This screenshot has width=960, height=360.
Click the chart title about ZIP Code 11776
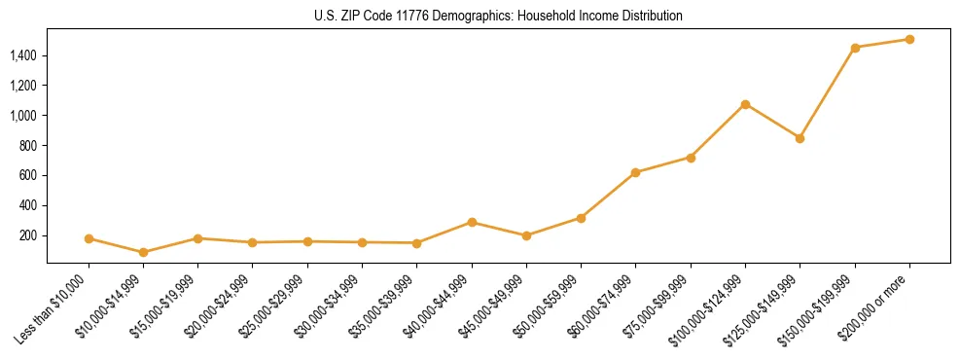pyautogui.click(x=498, y=17)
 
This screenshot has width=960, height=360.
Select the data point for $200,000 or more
pyautogui.click(x=909, y=40)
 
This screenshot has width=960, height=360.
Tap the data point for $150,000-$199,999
pyautogui.click(x=855, y=48)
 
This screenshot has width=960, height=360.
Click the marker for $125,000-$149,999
pyautogui.click(x=800, y=138)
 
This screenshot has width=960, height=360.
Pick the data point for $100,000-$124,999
pyautogui.click(x=745, y=104)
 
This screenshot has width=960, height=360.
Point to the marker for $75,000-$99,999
pyautogui.click(x=691, y=158)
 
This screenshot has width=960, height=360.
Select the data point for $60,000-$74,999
pyautogui.click(x=635, y=172)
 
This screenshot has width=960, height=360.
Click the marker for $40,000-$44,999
pyautogui.click(x=472, y=222)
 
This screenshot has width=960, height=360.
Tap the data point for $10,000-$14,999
pyautogui.click(x=143, y=252)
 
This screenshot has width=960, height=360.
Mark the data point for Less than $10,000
pyautogui.click(x=89, y=238)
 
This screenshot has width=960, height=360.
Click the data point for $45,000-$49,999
pyautogui.click(x=526, y=235)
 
